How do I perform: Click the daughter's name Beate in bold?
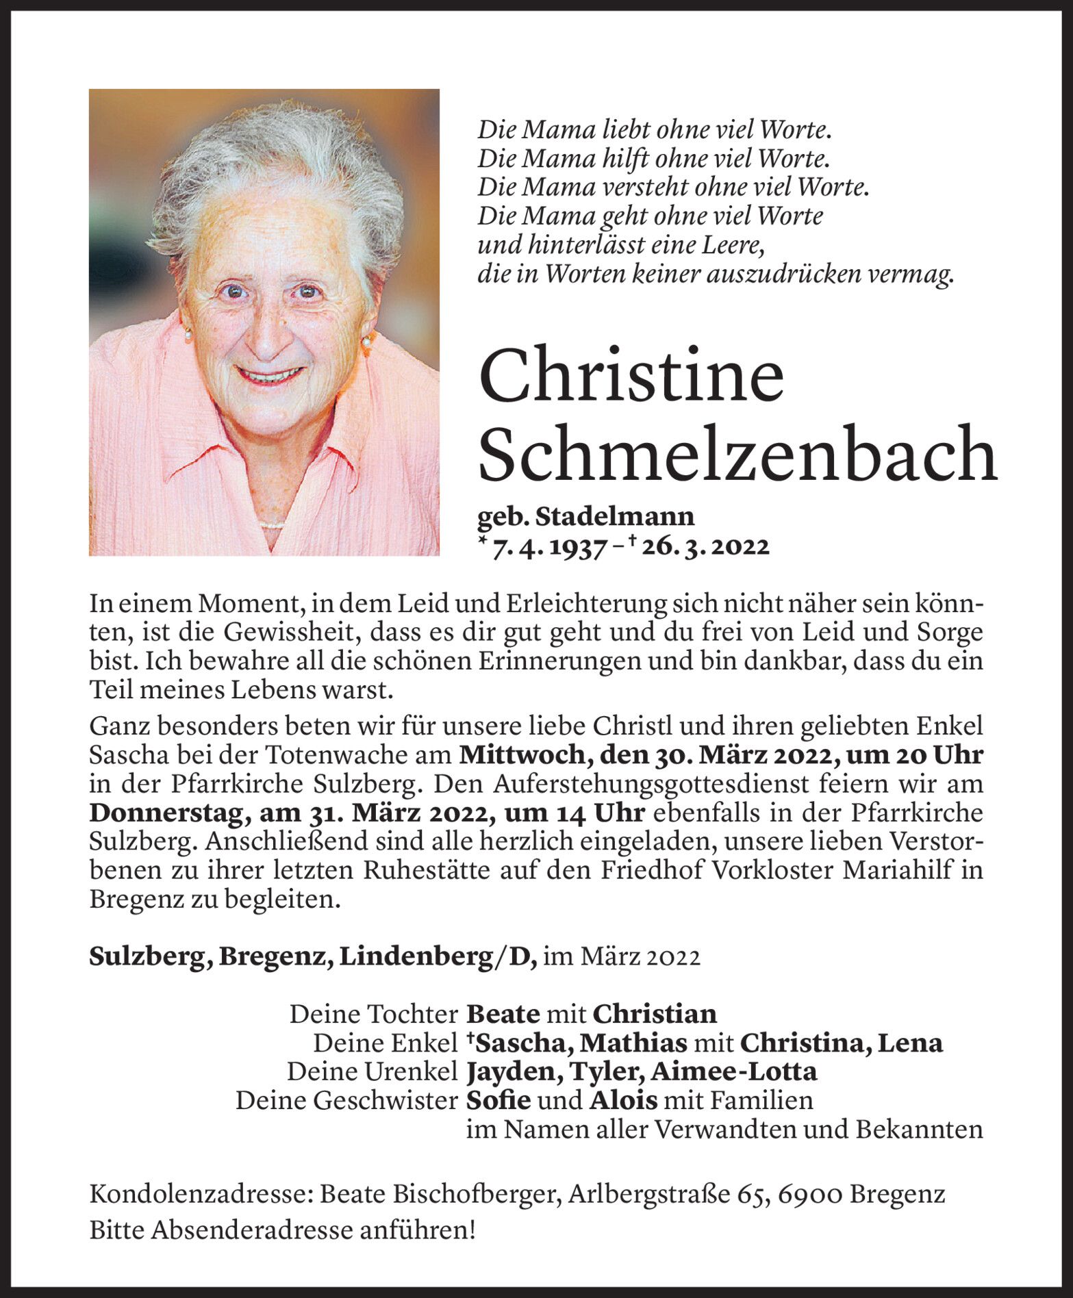(503, 1013)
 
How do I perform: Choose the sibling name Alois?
(623, 1100)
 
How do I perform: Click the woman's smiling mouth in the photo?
(269, 375)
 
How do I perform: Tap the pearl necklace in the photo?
(273, 525)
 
